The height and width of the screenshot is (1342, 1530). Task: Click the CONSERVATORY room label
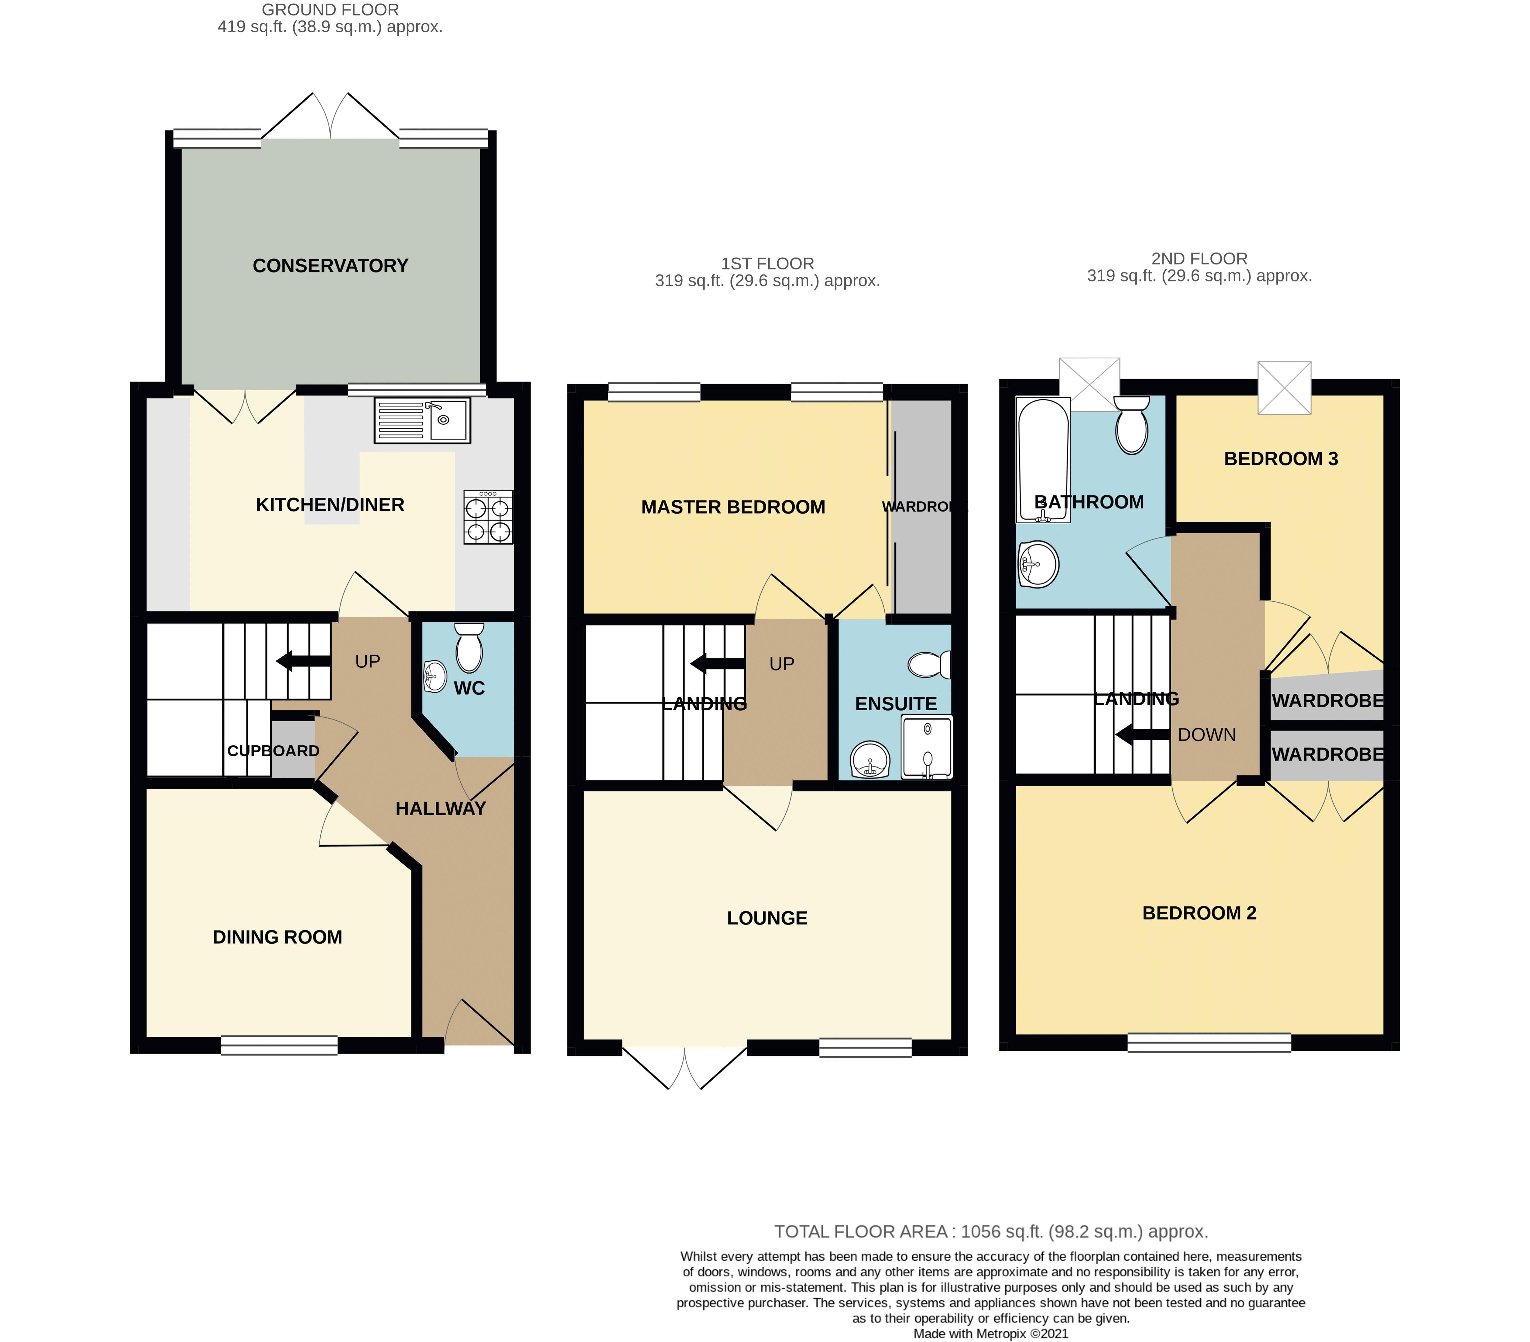pos(330,266)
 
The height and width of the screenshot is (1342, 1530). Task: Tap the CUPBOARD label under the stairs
pos(273,751)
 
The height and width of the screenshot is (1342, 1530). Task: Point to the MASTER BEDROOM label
pos(733,508)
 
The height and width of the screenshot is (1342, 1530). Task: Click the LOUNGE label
pos(767,918)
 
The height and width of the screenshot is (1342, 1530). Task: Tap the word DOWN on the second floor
pos(1207,735)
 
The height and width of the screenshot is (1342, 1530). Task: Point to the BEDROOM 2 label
pos(1199,913)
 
